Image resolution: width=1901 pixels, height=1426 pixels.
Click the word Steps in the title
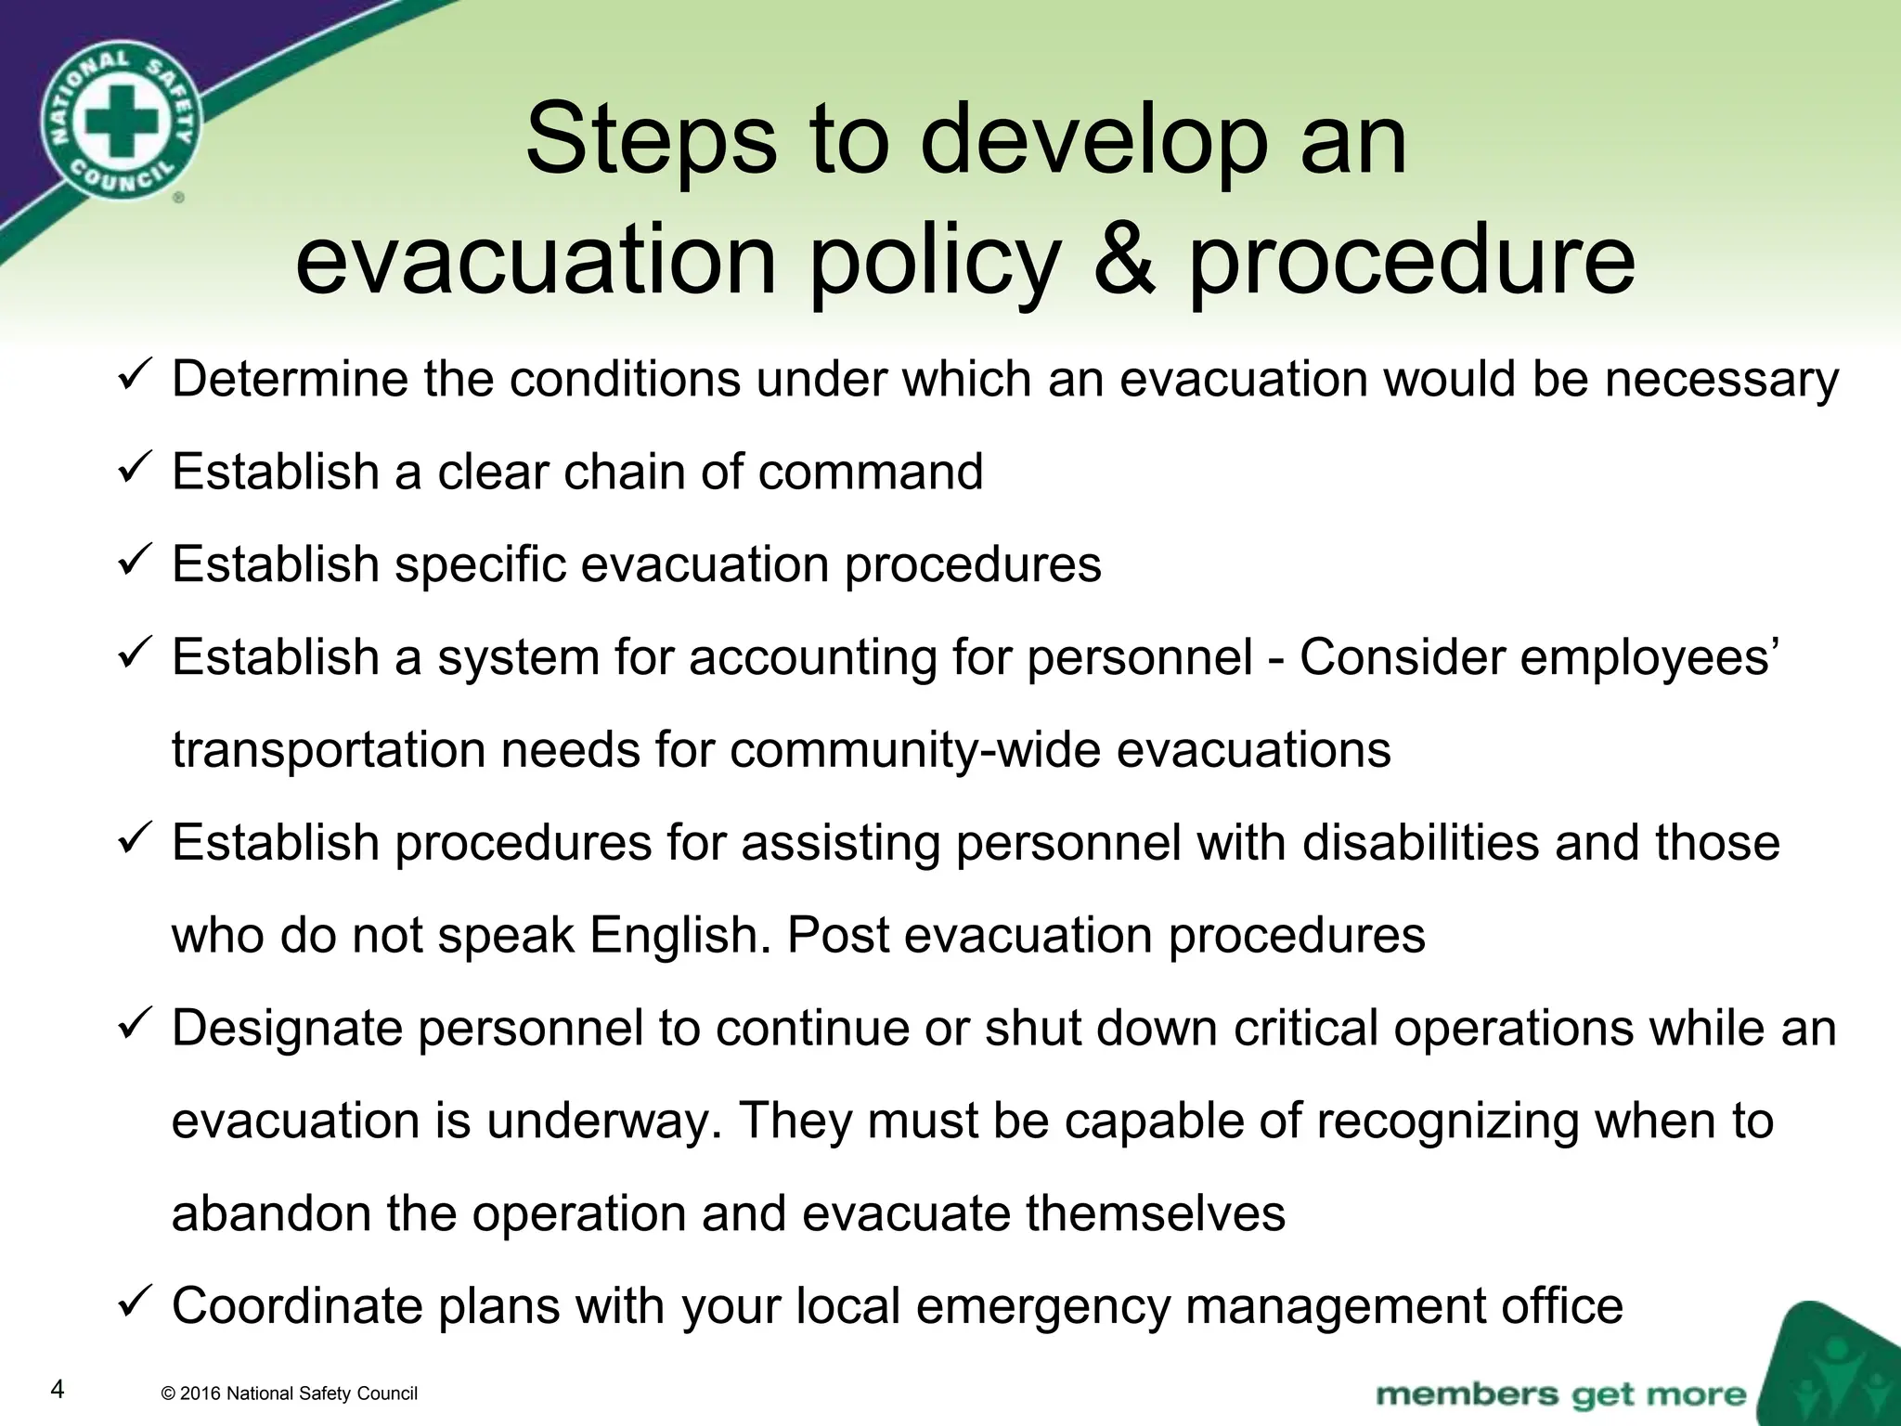click(651, 141)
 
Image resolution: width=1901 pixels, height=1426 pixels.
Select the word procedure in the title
click(1412, 264)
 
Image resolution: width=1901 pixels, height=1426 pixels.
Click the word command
click(870, 472)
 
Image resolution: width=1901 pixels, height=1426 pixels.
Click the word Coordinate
click(297, 1306)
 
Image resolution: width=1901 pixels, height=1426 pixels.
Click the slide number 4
click(58, 1390)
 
